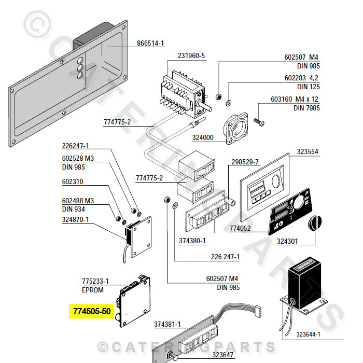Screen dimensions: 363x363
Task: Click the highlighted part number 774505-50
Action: [x=91, y=312]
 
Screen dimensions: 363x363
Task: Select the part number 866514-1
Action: [x=150, y=44]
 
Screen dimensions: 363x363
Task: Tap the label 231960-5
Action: [x=191, y=56]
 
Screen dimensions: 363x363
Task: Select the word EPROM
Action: [x=92, y=290]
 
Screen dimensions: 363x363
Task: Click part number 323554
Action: [x=308, y=152]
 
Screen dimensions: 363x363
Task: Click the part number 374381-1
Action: [x=167, y=324]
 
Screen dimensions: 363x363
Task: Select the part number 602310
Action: [x=73, y=182]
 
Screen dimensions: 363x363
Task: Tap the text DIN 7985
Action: [x=306, y=108]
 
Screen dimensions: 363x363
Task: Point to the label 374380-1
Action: [x=192, y=241]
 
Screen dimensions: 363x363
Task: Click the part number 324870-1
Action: [x=76, y=219]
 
